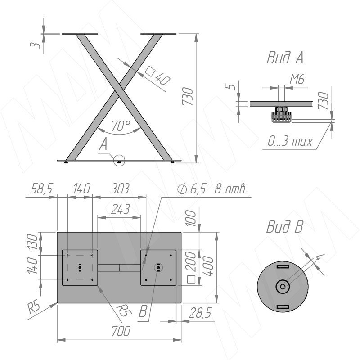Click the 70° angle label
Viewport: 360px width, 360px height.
121,126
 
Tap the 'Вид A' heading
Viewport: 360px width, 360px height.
285,58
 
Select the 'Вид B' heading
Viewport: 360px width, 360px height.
285,226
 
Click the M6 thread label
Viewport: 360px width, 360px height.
297,79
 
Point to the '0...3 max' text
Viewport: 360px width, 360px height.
290,141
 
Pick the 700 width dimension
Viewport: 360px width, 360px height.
121,331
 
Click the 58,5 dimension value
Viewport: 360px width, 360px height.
41,189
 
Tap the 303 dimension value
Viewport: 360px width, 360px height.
120,189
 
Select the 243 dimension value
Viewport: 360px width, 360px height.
120,209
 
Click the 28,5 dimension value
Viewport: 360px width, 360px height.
200,313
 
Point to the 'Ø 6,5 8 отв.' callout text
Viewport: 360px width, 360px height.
212,189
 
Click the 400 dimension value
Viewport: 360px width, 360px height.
208,266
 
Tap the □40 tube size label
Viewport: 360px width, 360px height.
158,76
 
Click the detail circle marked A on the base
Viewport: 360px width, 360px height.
119,161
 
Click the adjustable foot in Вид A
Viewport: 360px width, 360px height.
281,115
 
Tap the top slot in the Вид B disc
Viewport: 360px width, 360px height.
283,266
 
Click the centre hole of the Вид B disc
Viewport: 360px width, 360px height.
283,287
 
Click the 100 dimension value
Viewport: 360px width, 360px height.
191,218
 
